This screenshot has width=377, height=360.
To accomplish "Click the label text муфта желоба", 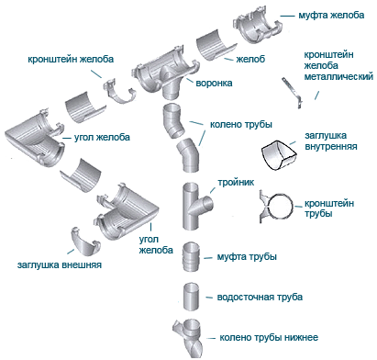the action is [331, 15].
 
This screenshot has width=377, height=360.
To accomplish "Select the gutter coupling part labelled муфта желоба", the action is [258, 26].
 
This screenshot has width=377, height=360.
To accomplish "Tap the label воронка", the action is [214, 83].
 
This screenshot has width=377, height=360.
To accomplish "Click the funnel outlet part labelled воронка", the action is [165, 75].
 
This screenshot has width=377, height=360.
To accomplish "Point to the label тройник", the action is [236, 183].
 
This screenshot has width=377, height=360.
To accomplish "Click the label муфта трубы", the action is [247, 256].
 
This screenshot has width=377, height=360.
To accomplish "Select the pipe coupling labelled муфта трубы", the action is [192, 257].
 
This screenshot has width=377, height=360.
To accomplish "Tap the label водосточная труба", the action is [260, 297].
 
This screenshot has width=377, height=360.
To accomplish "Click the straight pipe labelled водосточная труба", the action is [192, 297].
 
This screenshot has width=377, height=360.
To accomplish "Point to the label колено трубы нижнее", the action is [269, 337].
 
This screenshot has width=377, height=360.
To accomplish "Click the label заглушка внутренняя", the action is [331, 141].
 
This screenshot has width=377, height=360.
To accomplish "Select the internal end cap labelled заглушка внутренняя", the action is [279, 155].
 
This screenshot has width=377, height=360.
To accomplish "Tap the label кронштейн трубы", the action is [329, 208].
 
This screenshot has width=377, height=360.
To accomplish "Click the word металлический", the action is [338, 76].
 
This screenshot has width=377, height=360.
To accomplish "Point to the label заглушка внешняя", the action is [60, 264].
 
